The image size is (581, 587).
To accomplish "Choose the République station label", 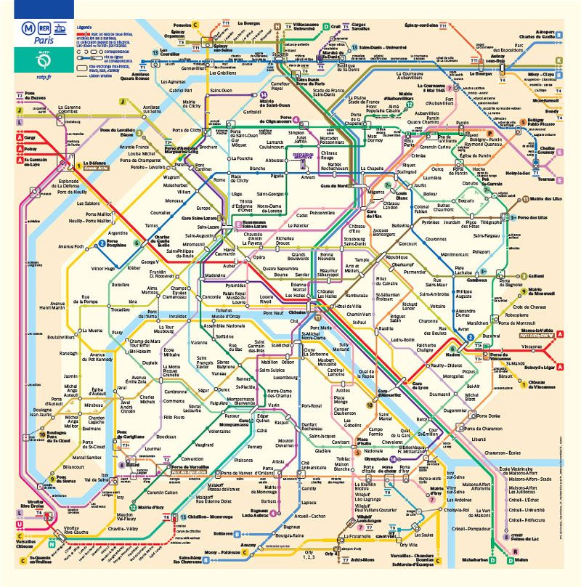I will click(x=397, y=258).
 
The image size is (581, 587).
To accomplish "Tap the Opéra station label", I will click(x=259, y=257).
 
